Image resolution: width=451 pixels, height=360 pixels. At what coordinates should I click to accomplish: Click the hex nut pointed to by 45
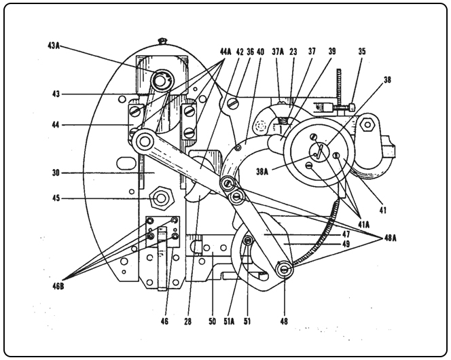[161, 199]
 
